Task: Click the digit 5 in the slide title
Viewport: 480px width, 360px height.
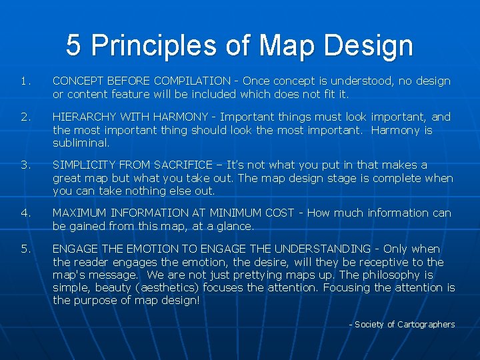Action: tap(74, 46)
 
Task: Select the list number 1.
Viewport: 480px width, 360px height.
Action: tap(25, 81)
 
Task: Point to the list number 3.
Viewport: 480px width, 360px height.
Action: tap(25, 165)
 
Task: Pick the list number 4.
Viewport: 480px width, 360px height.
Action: tap(25, 213)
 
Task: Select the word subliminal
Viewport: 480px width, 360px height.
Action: tap(80, 143)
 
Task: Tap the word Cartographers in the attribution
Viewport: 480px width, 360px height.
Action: tap(426, 325)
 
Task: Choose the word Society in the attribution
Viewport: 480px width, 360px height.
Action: tap(369, 325)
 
